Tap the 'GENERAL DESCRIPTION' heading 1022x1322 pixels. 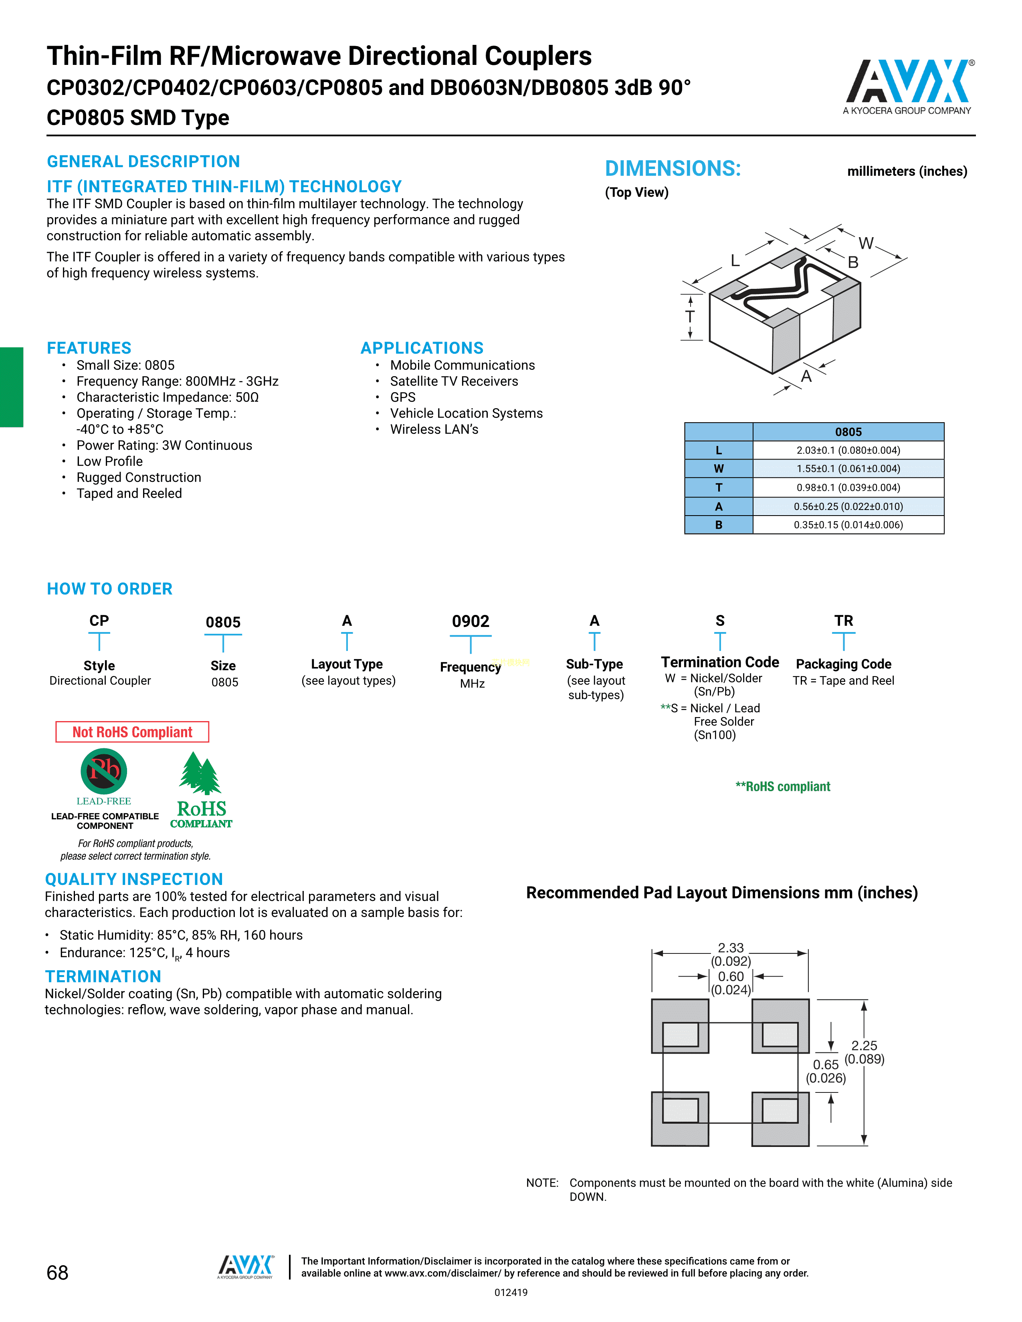143,161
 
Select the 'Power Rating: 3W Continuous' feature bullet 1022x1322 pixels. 164,445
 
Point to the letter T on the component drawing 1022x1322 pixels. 690,316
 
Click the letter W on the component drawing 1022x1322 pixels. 866,243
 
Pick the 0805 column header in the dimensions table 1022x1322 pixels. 848,431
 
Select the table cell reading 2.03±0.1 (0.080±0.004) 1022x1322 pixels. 848,450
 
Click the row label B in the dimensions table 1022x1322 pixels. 719,525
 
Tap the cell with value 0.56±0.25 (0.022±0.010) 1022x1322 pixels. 848,506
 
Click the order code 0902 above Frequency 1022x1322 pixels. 471,622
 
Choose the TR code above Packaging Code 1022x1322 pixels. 843,621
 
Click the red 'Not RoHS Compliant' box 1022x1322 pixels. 132,732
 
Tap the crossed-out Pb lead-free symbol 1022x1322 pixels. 104,771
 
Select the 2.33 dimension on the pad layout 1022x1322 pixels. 731,948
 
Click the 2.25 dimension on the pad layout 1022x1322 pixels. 864,1045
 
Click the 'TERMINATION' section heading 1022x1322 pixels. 103,976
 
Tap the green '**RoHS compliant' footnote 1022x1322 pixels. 782,786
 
